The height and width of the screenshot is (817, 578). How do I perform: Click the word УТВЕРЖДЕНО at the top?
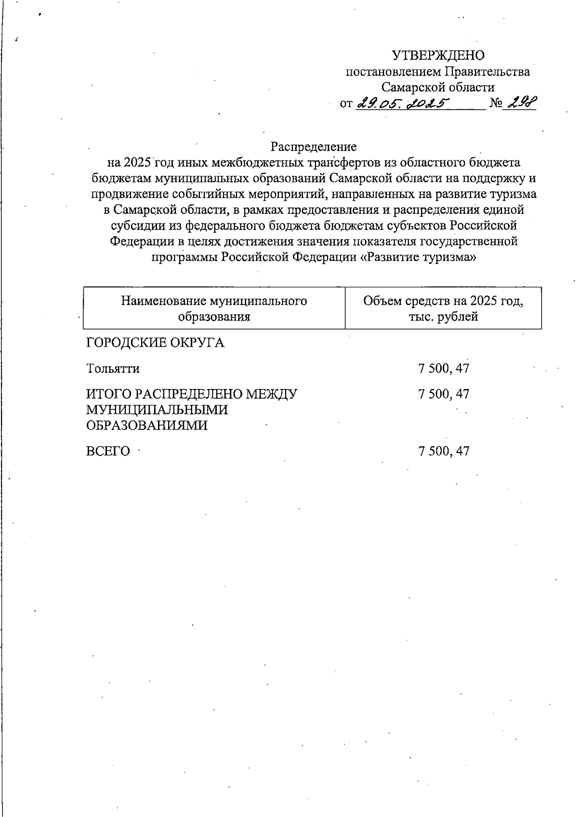point(438,56)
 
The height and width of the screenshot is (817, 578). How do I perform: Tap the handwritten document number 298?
point(519,103)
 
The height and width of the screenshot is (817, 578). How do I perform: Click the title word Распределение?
point(313,146)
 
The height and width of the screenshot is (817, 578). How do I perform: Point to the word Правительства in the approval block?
point(487,72)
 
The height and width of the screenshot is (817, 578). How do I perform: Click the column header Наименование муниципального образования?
point(214,309)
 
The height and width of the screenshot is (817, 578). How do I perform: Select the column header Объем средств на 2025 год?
point(443,301)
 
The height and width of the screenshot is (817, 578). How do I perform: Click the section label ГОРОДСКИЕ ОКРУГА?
point(155,343)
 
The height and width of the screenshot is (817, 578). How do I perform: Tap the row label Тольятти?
point(113,369)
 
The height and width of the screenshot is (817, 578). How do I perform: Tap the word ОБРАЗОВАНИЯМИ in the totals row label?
point(147,426)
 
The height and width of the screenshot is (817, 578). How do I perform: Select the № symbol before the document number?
point(496,104)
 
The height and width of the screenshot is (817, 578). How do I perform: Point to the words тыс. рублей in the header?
point(443,317)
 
